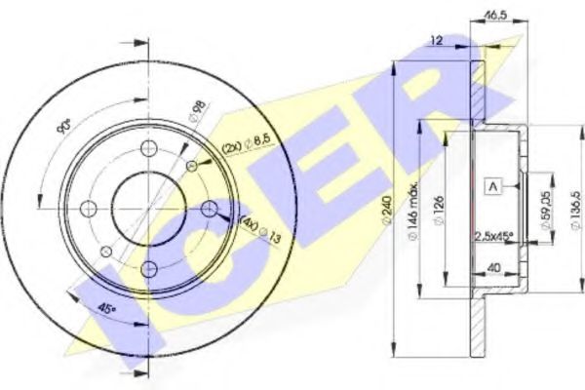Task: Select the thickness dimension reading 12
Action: point(436,41)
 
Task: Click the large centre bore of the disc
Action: point(148,208)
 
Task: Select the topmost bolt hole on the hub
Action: point(148,148)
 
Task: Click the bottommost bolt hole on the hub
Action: point(148,268)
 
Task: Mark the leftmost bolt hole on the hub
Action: point(88,208)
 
